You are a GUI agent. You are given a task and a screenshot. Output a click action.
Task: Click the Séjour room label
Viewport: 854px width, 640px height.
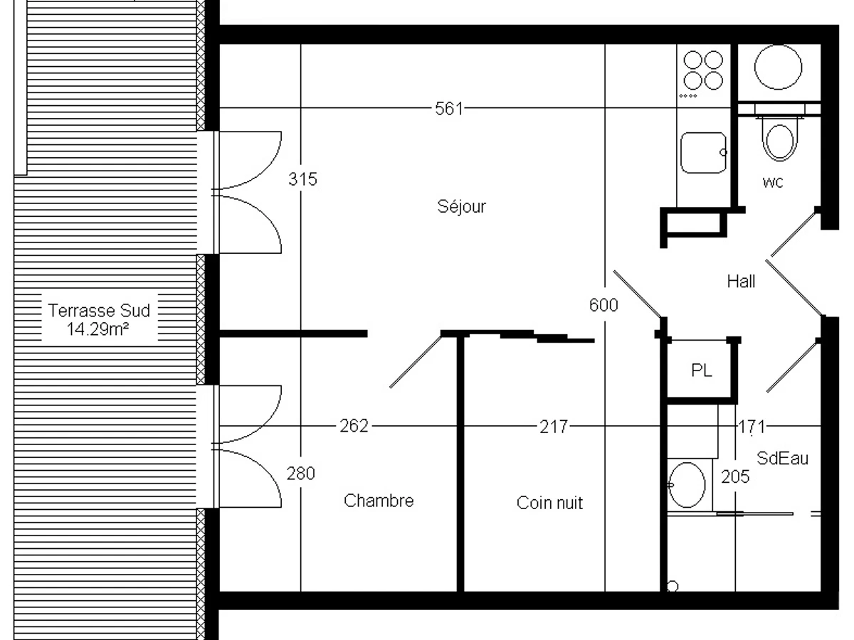(461, 207)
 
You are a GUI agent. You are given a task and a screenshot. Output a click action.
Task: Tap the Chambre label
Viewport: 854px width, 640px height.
(379, 501)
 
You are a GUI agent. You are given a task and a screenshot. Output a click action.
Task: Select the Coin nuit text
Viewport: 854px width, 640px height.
(549, 503)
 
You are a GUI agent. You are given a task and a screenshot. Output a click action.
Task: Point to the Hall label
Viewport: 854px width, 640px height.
(741, 282)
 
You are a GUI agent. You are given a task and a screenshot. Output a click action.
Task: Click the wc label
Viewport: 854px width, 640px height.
(773, 182)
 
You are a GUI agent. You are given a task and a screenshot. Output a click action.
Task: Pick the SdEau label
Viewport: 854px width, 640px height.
(782, 459)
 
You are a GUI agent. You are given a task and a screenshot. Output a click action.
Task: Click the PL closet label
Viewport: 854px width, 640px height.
(702, 370)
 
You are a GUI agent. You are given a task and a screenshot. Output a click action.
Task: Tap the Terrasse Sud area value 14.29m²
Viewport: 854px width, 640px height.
(97, 329)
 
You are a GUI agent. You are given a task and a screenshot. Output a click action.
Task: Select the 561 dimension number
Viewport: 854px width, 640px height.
(449, 109)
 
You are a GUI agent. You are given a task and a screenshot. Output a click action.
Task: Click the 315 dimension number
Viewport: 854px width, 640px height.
(302, 179)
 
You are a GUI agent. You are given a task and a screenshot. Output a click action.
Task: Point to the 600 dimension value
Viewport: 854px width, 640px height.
(603, 305)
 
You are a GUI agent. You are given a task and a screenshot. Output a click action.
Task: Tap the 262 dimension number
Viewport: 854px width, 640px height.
(354, 426)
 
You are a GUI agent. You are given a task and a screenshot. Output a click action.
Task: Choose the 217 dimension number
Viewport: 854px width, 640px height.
(554, 427)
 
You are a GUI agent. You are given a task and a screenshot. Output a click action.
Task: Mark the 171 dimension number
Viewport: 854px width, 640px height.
(752, 427)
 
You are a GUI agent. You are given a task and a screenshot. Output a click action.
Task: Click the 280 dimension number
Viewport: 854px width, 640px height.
(301, 474)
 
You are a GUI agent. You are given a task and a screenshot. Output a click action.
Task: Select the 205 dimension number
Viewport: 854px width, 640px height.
(735, 476)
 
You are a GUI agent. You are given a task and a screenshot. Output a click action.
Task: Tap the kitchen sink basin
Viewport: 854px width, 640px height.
(703, 153)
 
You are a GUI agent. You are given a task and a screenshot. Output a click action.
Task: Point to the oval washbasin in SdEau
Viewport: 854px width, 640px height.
(687, 485)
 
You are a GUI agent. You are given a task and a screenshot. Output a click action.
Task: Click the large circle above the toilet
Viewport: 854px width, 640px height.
(778, 68)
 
